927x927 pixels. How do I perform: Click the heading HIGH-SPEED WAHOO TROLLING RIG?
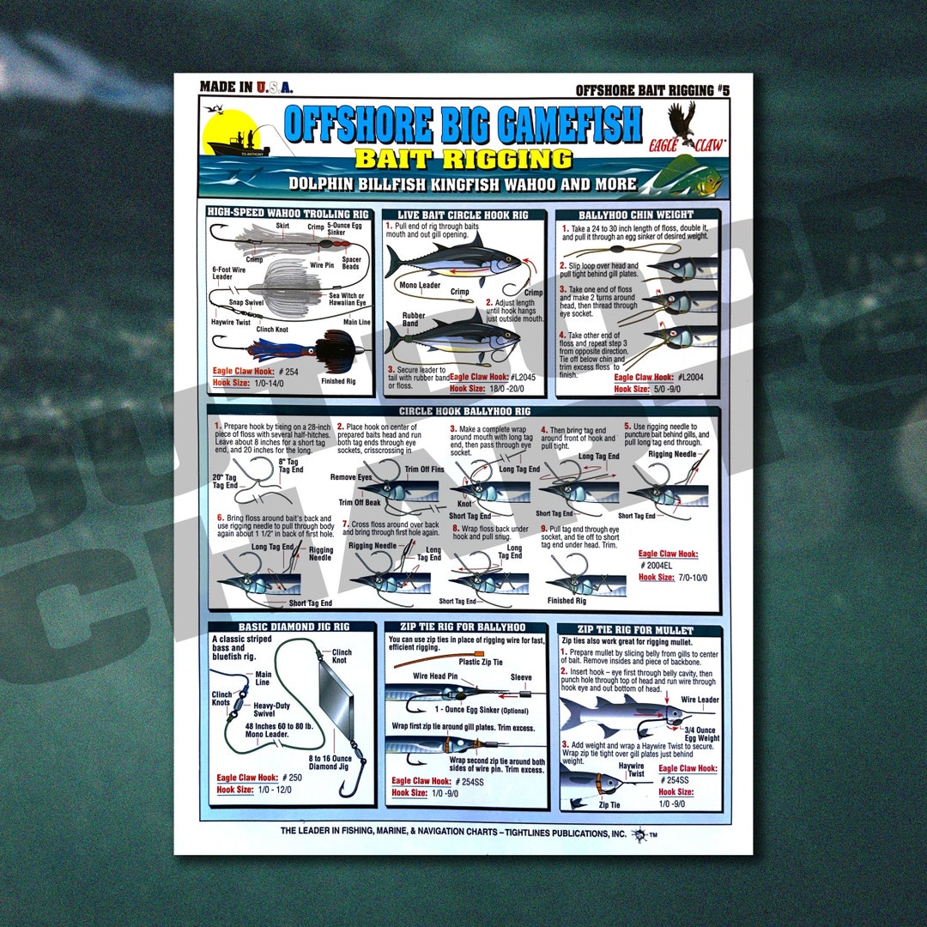[290, 211]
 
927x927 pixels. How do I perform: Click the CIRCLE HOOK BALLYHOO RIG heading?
[463, 411]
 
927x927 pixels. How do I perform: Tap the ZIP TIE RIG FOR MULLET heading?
[639, 630]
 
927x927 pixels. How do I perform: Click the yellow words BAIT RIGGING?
[463, 159]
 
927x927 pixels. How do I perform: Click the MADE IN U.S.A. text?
[246, 87]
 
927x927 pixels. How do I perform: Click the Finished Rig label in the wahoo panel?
[338, 381]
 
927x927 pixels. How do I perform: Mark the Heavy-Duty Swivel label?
[276, 708]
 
